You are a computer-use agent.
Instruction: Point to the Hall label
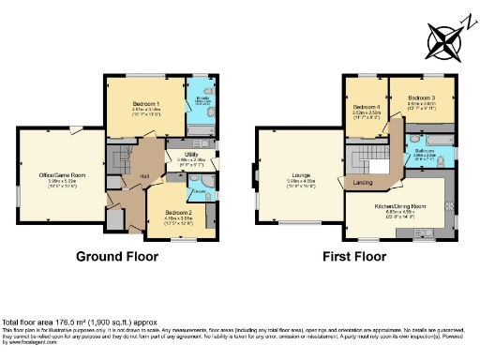click(x=145, y=175)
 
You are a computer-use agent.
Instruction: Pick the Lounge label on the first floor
click(x=302, y=175)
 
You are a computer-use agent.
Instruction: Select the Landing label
click(x=360, y=182)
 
